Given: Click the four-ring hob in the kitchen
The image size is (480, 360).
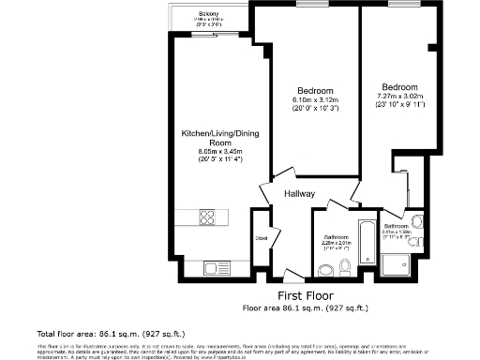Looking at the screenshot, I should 207,219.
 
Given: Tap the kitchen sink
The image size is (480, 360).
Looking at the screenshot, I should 208,269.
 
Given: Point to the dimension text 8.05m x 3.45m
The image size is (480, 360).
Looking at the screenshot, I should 218,151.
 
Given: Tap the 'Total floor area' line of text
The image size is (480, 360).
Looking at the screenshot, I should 84,333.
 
